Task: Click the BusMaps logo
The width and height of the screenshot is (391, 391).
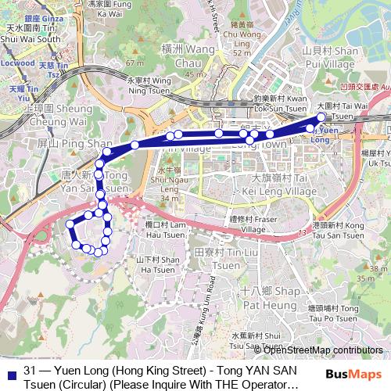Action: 354,375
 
